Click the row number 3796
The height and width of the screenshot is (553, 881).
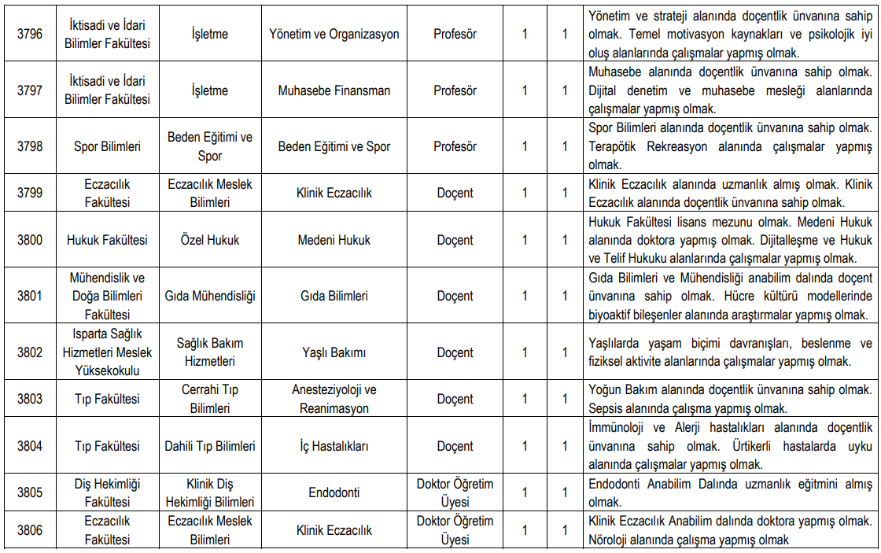[x=30, y=35]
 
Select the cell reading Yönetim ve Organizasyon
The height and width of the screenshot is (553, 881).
[x=334, y=35]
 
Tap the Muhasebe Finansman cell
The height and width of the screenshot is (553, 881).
[x=334, y=90]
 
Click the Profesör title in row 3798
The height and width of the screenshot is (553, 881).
[x=455, y=146]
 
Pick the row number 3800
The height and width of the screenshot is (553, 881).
[x=30, y=240]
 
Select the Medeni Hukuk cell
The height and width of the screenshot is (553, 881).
[x=334, y=240]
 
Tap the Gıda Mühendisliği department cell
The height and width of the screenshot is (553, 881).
[x=210, y=297]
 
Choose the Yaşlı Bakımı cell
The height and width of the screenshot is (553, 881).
[x=334, y=352]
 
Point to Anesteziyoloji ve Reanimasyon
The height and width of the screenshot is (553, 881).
[x=334, y=399]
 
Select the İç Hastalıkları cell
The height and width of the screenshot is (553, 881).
[x=334, y=446]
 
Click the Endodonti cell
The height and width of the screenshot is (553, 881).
[x=334, y=492]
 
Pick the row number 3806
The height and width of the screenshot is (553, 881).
[x=30, y=530]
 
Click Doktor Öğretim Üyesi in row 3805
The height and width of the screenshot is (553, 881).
[x=455, y=492]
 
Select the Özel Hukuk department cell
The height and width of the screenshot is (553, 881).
[x=210, y=240]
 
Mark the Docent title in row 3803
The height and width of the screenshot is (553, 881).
[x=455, y=399]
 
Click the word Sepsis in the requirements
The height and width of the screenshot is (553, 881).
[x=606, y=408]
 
